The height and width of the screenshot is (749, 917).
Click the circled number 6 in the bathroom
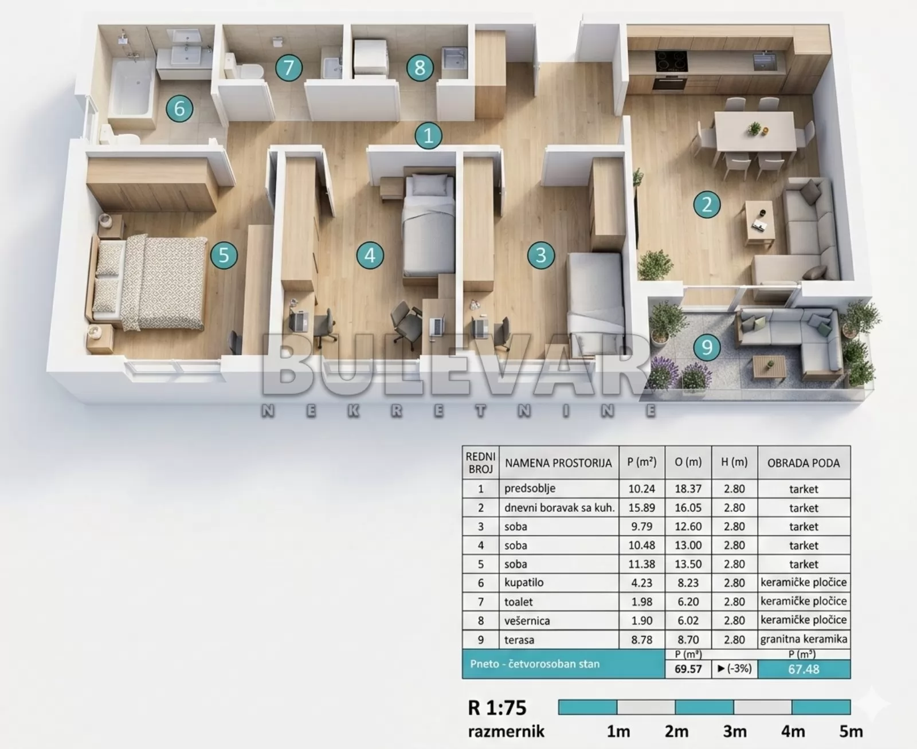[x=179, y=108]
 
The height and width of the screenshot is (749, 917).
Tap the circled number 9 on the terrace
[x=707, y=347]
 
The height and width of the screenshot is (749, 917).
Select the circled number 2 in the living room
[x=707, y=205]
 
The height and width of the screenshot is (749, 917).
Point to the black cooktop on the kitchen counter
[x=671, y=61]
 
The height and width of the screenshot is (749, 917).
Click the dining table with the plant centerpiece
[x=755, y=131]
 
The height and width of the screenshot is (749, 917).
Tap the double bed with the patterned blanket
[x=148, y=283]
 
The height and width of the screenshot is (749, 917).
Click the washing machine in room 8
[x=370, y=58]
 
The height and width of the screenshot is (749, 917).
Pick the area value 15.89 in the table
[x=641, y=508]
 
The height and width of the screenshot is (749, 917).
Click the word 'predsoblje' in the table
[x=530, y=489]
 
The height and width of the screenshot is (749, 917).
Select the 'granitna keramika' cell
[x=804, y=639]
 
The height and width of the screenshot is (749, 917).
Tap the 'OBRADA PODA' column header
[x=804, y=463]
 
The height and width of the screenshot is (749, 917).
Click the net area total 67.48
[x=804, y=669]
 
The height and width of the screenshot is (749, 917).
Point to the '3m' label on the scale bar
[x=734, y=732]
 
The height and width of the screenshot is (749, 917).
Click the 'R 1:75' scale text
[x=497, y=708]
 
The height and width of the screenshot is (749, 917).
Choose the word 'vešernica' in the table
[x=527, y=620]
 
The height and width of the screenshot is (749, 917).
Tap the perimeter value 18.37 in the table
[x=688, y=489]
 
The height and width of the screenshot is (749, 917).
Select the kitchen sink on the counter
[x=765, y=60]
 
